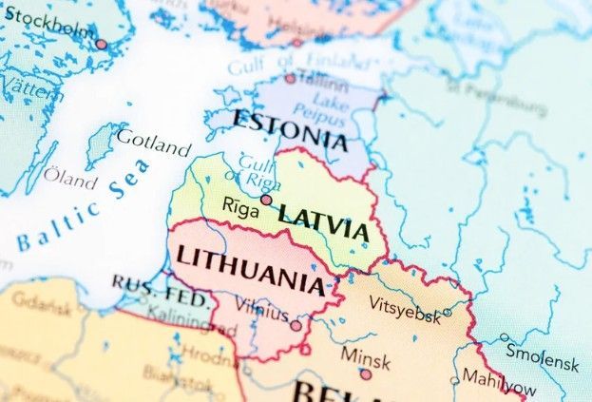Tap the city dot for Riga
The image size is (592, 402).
(267, 200)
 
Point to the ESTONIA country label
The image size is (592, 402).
(290, 131)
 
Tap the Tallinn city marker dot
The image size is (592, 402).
(291, 79)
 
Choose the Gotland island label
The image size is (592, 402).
(152, 144)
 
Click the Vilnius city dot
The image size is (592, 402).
(296, 325)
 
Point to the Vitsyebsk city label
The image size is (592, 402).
(404, 310)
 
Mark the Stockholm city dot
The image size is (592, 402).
(102, 44)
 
